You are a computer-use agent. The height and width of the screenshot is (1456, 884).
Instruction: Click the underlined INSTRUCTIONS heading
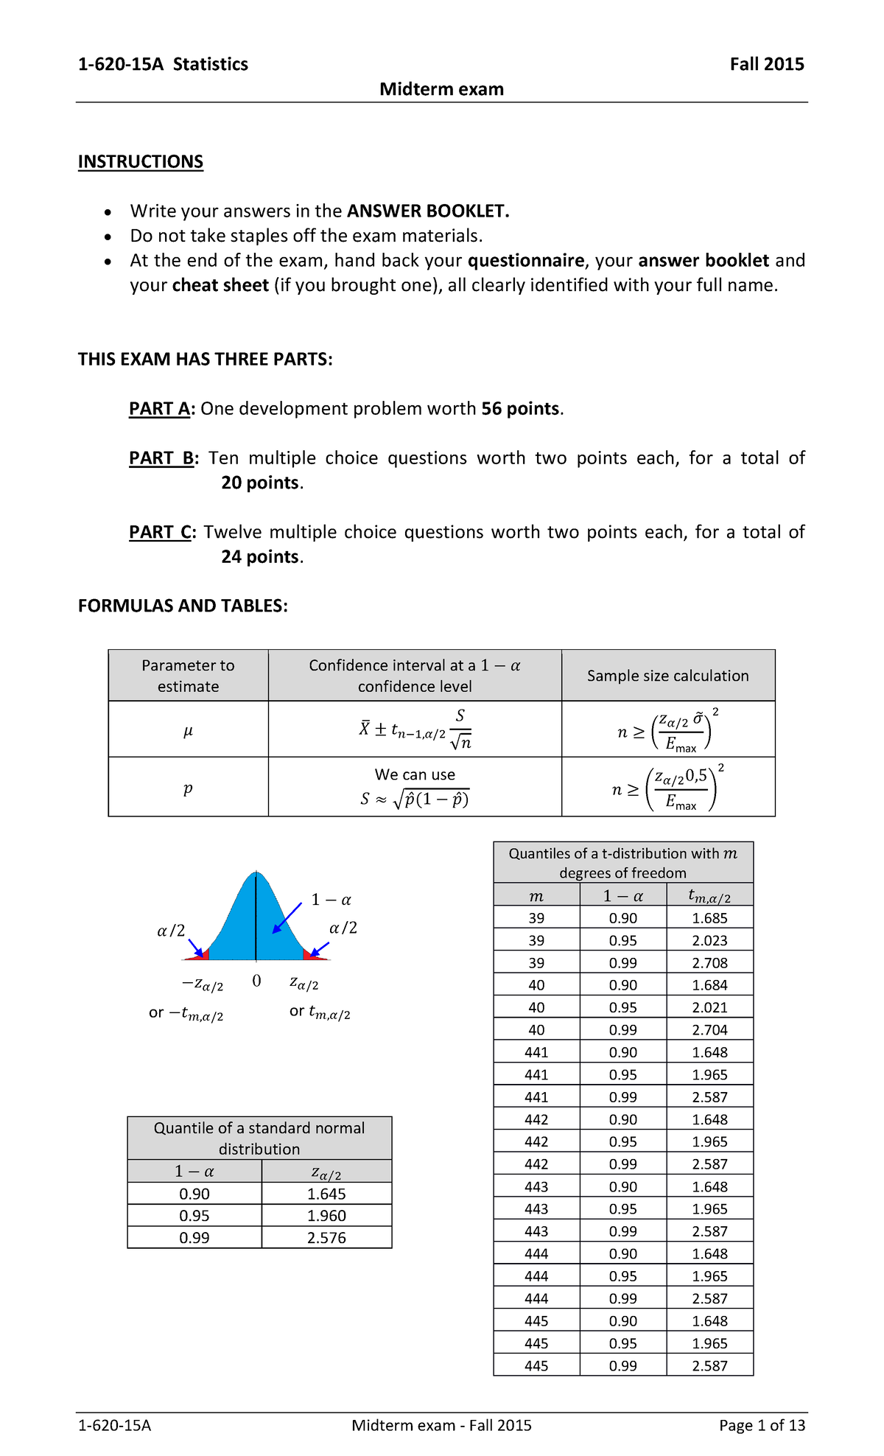pyautogui.click(x=140, y=161)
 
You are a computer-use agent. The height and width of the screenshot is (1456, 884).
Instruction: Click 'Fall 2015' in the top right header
pyautogui.click(x=766, y=64)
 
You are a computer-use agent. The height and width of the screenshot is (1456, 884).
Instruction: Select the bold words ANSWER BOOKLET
pyautogui.click(x=428, y=211)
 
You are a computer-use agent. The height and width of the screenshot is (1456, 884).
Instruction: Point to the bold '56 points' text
pyautogui.click(x=520, y=408)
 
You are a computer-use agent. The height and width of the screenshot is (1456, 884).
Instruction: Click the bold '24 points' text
pyautogui.click(x=260, y=556)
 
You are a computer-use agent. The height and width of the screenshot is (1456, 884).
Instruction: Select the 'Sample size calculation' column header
pyautogui.click(x=667, y=676)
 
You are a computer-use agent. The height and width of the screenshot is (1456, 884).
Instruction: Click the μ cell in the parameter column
pyautogui.click(x=188, y=730)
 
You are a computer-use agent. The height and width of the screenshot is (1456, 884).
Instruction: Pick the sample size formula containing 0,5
pyautogui.click(x=667, y=788)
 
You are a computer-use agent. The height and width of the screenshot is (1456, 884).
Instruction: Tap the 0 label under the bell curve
pyautogui.click(x=256, y=981)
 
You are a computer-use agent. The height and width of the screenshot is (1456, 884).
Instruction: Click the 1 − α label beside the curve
pyautogui.click(x=331, y=900)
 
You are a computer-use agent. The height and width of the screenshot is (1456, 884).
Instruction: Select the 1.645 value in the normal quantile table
pyautogui.click(x=326, y=1194)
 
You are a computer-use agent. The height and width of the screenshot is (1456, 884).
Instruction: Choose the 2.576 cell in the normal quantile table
pyautogui.click(x=326, y=1237)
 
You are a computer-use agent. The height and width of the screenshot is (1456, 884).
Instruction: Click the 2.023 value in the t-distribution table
pyautogui.click(x=709, y=940)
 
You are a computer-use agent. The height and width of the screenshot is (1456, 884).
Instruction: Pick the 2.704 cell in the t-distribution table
pyautogui.click(x=709, y=1029)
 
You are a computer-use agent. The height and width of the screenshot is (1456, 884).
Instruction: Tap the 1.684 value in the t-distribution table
pyautogui.click(x=709, y=985)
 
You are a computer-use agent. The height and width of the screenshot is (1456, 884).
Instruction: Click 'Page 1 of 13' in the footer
pyautogui.click(x=762, y=1425)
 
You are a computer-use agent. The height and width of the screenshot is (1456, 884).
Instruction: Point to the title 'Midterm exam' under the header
pyautogui.click(x=441, y=89)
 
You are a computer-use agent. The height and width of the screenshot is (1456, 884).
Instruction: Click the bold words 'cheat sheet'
pyautogui.click(x=220, y=285)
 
